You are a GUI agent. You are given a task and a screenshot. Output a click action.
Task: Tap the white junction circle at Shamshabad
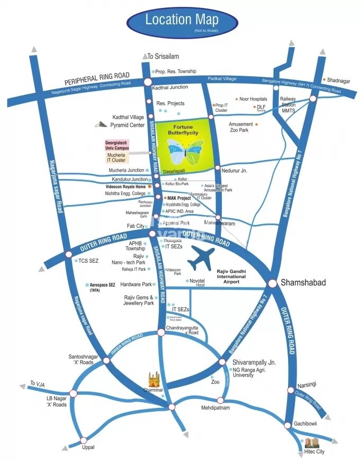[x=273, y=284]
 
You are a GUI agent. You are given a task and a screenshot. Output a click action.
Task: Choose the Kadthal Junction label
[x=170, y=88]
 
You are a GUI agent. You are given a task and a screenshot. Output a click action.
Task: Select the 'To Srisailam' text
[x=164, y=57]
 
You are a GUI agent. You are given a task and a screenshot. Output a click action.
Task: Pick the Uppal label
[x=88, y=447]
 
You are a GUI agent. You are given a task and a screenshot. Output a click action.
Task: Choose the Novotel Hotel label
[x=197, y=281]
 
